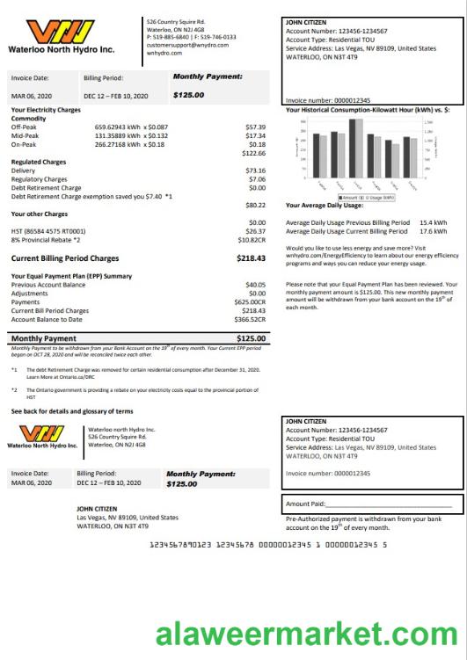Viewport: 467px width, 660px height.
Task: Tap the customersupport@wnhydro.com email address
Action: (182, 45)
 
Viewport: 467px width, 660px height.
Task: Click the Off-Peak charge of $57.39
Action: (255, 127)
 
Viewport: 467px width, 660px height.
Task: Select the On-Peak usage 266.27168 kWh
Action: (121, 144)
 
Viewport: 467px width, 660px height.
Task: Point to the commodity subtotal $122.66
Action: (253, 153)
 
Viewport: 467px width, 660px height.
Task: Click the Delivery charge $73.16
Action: (255, 170)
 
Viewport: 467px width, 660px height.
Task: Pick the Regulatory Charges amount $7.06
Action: (257, 179)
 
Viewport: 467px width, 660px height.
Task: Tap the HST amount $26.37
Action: (255, 231)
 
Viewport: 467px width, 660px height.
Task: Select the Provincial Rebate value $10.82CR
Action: (252, 239)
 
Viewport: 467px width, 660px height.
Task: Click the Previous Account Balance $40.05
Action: (255, 285)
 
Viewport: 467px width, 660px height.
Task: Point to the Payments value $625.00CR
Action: (250, 302)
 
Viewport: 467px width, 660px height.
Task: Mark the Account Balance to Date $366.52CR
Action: (250, 319)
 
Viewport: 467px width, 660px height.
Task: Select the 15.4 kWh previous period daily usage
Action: (433, 222)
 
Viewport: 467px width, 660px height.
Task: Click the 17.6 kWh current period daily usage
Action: (433, 231)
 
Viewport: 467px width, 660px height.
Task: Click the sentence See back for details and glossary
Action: (72, 410)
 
